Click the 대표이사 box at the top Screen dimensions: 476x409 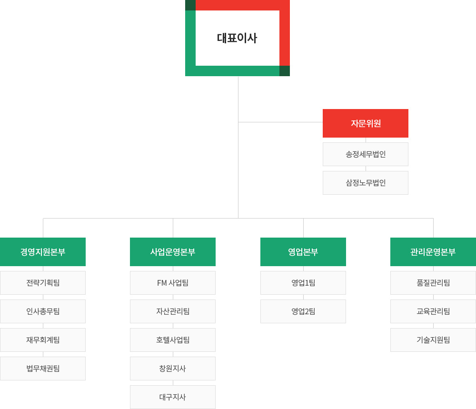[x=238, y=38]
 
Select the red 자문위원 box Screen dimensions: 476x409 [x=366, y=123]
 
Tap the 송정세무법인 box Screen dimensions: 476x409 [x=366, y=154]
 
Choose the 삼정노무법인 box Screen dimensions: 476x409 [x=366, y=183]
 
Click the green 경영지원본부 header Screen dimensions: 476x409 [x=43, y=252]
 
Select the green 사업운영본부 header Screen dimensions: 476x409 [x=173, y=252]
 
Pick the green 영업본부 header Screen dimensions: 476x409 [x=303, y=252]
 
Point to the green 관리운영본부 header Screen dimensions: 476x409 [x=433, y=252]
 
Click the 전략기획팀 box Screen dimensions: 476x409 [x=43, y=283]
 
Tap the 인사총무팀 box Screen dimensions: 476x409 [x=43, y=311]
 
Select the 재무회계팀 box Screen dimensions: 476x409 [x=43, y=340]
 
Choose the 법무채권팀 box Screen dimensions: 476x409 [x=43, y=369]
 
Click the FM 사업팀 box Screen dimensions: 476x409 [x=173, y=283]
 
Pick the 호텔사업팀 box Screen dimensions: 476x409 [x=173, y=340]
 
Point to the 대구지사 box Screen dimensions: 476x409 [x=173, y=397]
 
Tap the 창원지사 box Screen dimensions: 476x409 [x=173, y=369]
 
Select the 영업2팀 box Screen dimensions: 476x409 [x=303, y=311]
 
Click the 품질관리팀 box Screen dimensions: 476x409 [x=433, y=283]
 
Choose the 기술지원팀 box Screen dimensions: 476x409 [x=433, y=340]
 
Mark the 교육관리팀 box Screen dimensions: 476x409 [x=433, y=311]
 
